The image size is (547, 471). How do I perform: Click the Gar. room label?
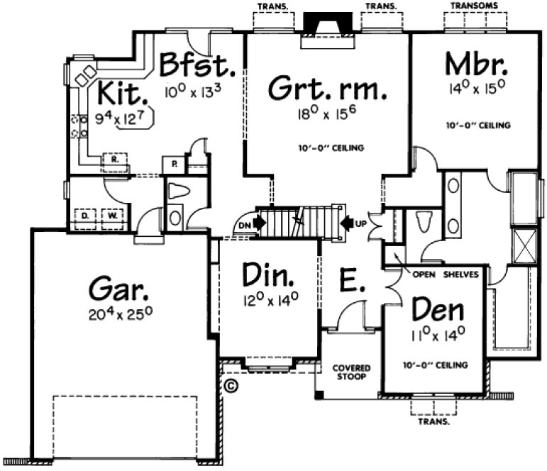coord(120,289)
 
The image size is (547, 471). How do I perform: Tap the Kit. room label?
coord(123,93)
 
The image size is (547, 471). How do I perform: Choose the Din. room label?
coord(268,274)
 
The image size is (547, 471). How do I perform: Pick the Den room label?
coord(438,310)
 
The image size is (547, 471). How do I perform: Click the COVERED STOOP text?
coord(352,372)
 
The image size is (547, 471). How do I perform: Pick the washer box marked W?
coord(112,214)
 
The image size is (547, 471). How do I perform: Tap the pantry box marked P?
coord(173,165)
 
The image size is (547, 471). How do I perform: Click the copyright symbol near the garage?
coord(230,387)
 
